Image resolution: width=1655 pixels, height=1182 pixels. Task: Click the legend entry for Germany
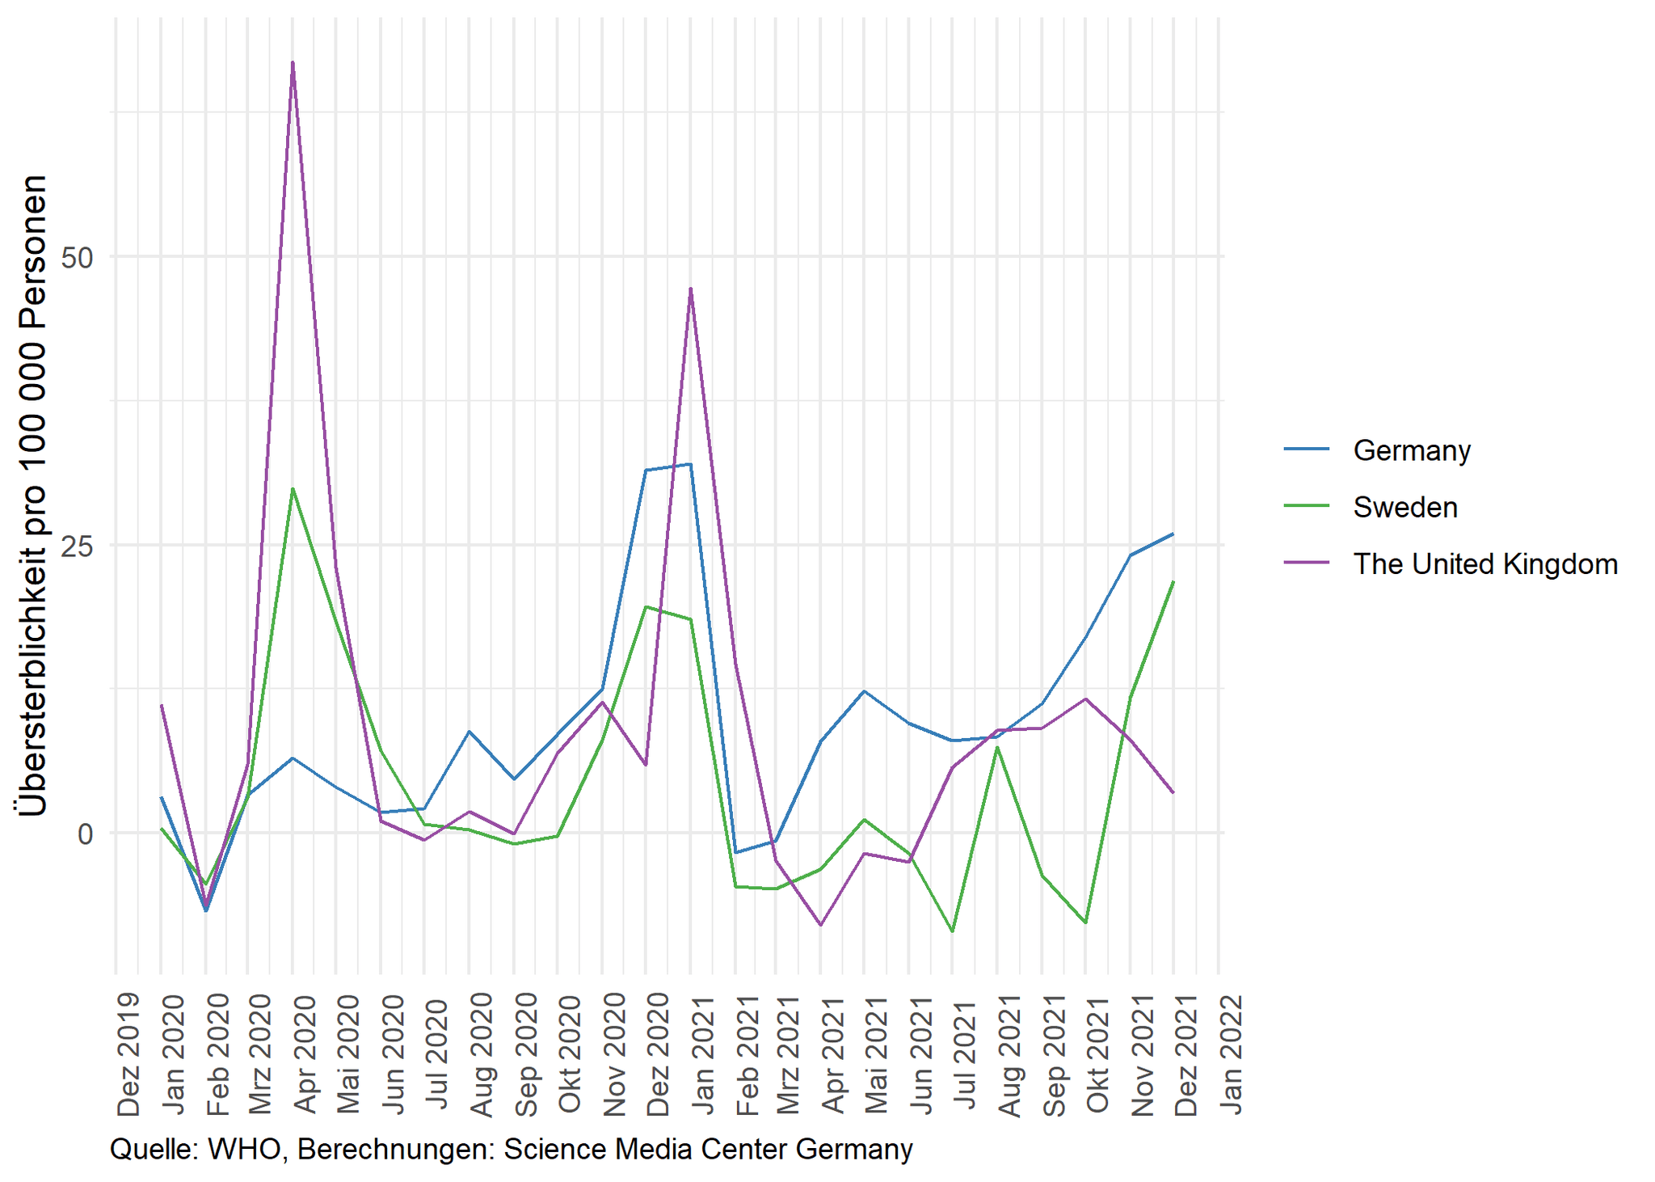tap(1411, 450)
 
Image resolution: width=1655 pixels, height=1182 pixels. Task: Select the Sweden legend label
tap(1404, 507)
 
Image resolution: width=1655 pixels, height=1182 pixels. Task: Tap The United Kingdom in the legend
tap(1484, 564)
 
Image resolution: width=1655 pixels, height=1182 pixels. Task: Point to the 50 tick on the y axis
tap(78, 258)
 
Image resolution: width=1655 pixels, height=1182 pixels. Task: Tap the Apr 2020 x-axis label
tap(305, 1054)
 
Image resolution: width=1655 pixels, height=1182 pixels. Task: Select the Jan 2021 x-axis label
tap(702, 1054)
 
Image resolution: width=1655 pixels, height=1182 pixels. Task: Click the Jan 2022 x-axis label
tap(1231, 1054)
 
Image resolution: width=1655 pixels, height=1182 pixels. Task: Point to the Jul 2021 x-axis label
tap(966, 1054)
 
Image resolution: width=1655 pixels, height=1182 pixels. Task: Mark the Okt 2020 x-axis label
tap(570, 1054)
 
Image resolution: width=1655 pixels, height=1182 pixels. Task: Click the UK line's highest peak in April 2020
tap(293, 62)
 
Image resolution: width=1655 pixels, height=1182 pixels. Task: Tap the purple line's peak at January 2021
tap(690, 289)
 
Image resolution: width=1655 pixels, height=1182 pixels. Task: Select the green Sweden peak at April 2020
tap(293, 488)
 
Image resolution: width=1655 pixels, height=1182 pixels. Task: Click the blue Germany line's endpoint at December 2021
tap(1173, 534)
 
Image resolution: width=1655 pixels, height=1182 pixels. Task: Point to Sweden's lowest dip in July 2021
tap(953, 931)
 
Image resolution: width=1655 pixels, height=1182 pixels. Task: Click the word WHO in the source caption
tap(244, 1149)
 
